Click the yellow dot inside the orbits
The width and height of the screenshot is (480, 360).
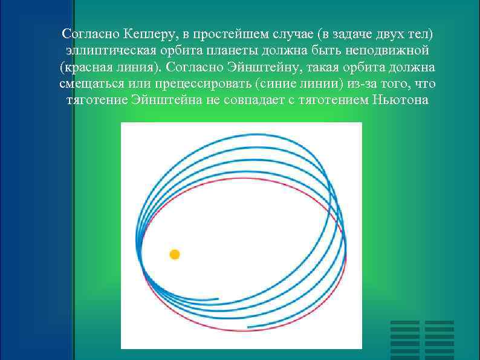[175, 254]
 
